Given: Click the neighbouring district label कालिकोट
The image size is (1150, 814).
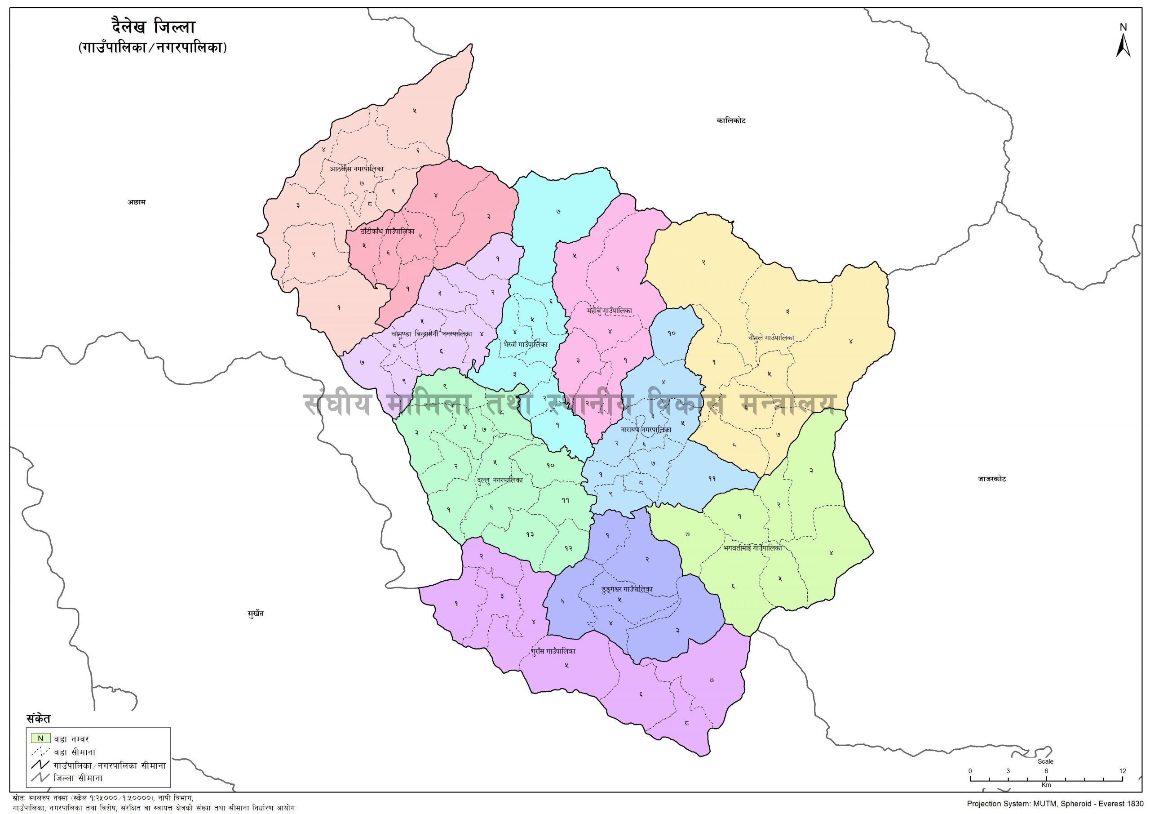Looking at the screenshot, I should [x=731, y=121].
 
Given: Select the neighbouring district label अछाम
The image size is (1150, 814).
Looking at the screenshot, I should [x=136, y=203].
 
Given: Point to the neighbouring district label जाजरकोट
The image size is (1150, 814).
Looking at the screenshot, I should [x=991, y=479].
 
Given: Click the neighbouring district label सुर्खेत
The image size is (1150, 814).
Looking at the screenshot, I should [x=256, y=614].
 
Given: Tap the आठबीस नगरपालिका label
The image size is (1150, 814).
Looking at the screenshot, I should [x=357, y=169].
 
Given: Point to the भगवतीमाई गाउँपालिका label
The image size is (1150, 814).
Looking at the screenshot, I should [x=753, y=548].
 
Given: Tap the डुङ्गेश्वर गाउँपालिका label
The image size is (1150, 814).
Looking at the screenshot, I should [x=627, y=589].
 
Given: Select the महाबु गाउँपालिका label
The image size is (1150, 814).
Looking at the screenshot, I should [x=610, y=311].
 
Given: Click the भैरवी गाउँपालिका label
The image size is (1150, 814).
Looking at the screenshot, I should [x=525, y=344].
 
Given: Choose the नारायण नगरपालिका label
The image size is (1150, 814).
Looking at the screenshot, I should [x=646, y=430].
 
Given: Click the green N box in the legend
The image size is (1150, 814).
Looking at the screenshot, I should [x=40, y=738].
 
